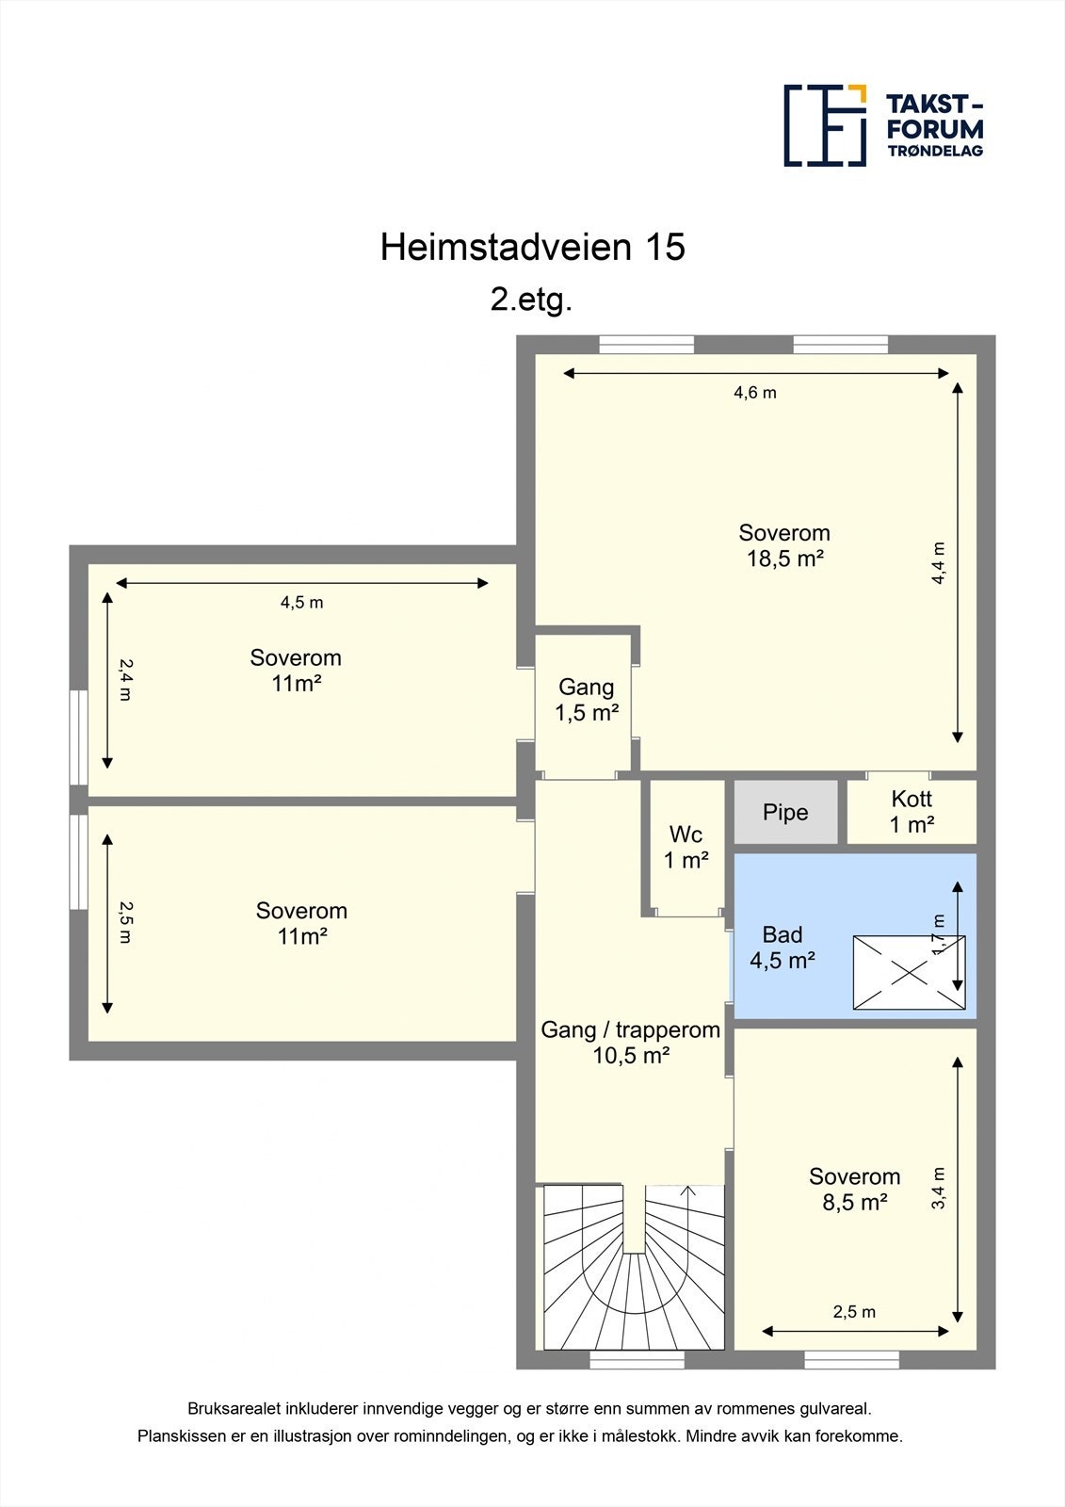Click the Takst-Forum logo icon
pos(825,125)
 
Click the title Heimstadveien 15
pos(532,247)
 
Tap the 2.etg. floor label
pos(531,300)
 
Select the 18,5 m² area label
pos(785,559)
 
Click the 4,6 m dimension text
pos(755,393)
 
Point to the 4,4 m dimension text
pos(939,563)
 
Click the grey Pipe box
pos(785,812)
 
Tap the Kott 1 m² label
pos(912,812)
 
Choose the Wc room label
pos(686,847)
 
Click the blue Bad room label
pos(783,948)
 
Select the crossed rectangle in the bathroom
pos(909,972)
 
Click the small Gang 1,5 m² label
pos(586,700)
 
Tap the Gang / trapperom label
pos(630,1043)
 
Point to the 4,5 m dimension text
pos(301,603)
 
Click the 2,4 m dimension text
pos(125,678)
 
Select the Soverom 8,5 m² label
pos(854,1189)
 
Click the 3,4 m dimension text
pos(939,1189)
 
